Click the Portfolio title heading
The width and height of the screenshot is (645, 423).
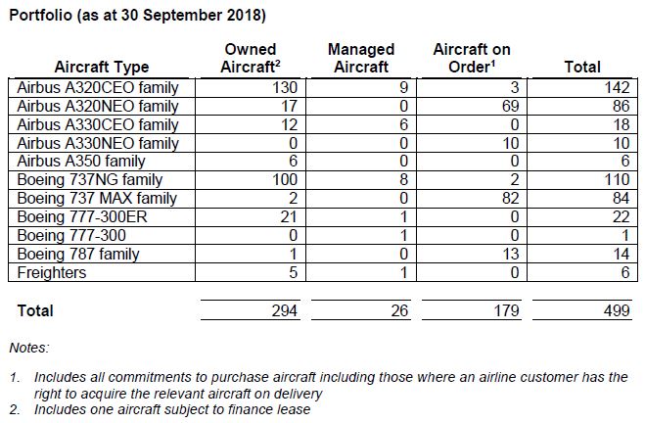137,16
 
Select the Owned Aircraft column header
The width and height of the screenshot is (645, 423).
251,58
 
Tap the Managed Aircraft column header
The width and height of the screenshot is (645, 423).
361,58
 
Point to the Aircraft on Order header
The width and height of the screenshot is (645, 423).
472,58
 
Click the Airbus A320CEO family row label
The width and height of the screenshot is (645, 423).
98,88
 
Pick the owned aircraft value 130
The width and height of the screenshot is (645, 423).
285,88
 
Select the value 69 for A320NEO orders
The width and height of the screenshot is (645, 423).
511,106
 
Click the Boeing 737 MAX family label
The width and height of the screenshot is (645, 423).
97,199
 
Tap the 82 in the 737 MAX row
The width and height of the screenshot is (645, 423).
511,199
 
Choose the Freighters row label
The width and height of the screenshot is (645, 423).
52,272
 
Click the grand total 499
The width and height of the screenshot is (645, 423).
617,310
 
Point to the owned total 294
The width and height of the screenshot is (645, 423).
284,310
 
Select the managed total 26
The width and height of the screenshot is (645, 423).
399,310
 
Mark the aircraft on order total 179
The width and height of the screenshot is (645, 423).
506,310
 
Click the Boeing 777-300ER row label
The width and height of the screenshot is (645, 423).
82,216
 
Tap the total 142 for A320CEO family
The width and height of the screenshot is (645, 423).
617,88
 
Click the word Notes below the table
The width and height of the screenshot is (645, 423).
29,348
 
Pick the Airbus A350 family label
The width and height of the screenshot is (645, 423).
81,162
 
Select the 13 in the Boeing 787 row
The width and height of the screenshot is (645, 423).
511,254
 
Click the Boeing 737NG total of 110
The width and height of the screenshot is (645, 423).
617,180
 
